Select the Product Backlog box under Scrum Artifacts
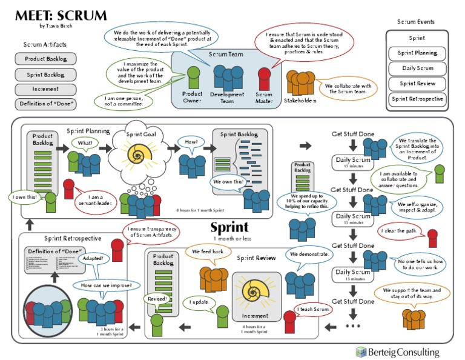(x=45, y=59)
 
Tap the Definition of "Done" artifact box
(x=45, y=104)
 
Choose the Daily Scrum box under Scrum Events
(x=417, y=68)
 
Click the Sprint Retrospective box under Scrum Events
(x=417, y=99)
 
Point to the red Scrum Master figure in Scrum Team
(x=264, y=79)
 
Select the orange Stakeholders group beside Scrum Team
(x=300, y=82)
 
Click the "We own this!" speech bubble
(x=228, y=181)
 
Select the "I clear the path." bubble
(x=400, y=232)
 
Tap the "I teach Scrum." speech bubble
(x=314, y=310)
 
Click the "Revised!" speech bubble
(x=157, y=299)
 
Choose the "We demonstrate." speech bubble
(x=309, y=255)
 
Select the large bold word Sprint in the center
(x=229, y=228)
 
